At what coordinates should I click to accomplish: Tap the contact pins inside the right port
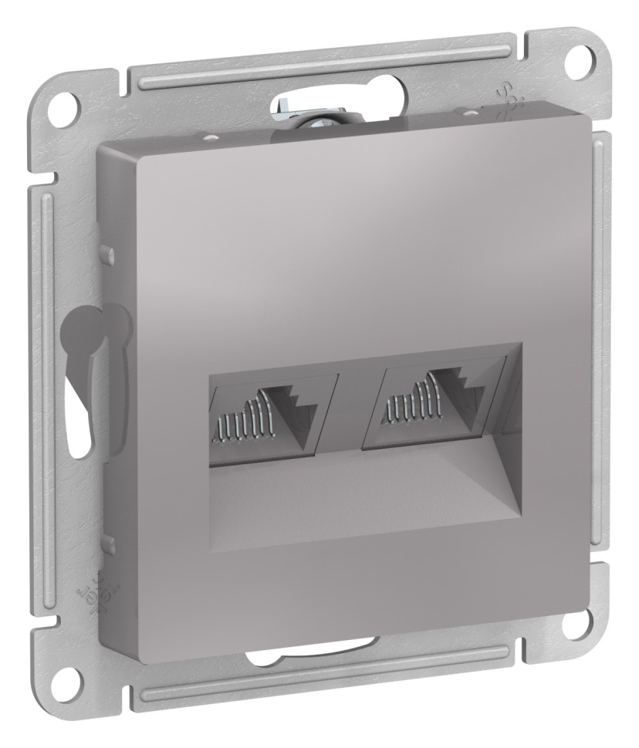coord(409,413)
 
